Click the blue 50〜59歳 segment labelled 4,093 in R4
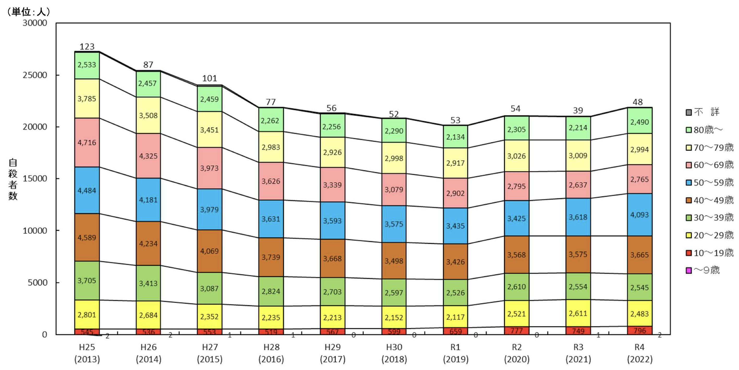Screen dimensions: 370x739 (x=639, y=215)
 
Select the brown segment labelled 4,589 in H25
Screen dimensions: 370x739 (x=87, y=237)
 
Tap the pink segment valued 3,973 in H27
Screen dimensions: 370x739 (x=209, y=168)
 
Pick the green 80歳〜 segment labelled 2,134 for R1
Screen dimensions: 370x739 (x=455, y=137)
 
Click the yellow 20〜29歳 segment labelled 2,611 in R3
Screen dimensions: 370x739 (x=578, y=313)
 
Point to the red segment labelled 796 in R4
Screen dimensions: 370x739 (x=639, y=330)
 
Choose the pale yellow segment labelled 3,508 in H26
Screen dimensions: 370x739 (x=148, y=115)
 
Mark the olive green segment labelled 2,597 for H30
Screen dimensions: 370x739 (x=394, y=292)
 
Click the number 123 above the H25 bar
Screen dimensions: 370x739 (x=87, y=46)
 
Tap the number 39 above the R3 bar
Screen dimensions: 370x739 (x=578, y=110)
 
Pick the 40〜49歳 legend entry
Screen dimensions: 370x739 (x=709, y=200)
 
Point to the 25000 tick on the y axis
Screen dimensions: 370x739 (x=35, y=75)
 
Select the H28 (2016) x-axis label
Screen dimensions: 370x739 (x=271, y=353)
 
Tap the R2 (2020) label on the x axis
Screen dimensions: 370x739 (x=517, y=353)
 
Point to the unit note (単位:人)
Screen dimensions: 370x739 (x=29, y=11)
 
